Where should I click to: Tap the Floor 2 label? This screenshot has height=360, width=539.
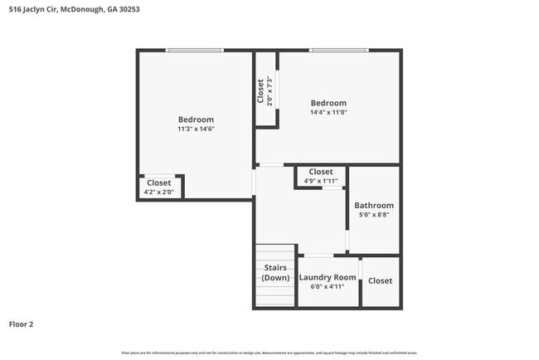[x=22, y=324]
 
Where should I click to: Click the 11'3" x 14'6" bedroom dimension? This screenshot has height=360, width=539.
[x=196, y=129]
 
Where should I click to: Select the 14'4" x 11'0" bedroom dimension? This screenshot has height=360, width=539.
[x=328, y=112]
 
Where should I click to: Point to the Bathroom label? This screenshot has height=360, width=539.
[x=374, y=206]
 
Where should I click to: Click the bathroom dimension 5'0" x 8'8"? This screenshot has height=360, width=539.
[x=374, y=215]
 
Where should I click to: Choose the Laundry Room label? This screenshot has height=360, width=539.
[x=328, y=277]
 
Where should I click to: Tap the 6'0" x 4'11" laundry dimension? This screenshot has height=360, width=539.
[x=328, y=286]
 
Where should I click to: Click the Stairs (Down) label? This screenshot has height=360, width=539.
[x=275, y=273]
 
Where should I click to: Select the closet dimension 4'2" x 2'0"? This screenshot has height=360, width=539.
[x=158, y=192]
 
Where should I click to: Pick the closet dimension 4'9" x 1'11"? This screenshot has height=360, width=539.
[x=321, y=181]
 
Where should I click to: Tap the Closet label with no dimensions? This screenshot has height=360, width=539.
[x=380, y=281]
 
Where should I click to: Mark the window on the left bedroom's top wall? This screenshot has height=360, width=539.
[x=194, y=51]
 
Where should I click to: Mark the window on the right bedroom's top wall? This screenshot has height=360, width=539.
[x=338, y=51]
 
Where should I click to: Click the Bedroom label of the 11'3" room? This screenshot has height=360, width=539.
[x=196, y=119]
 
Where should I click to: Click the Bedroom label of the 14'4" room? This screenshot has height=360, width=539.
[x=328, y=103]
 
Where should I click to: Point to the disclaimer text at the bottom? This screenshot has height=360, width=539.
[x=269, y=353]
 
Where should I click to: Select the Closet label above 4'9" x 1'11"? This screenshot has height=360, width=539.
[x=321, y=172]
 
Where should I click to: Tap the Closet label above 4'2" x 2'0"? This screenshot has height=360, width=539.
[x=158, y=182]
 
